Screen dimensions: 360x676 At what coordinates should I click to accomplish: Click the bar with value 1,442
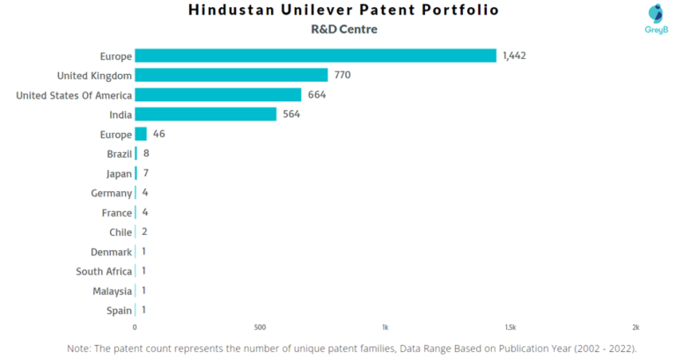315,55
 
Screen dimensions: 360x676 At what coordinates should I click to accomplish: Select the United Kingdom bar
231,75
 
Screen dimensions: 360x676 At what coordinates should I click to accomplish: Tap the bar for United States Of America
217,95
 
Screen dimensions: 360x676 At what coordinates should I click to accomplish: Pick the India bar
205,114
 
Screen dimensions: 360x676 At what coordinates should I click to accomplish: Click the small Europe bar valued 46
141,134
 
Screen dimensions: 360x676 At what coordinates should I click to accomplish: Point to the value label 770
342,75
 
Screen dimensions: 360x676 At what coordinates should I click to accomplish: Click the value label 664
317,95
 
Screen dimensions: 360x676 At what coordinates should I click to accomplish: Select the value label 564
291,114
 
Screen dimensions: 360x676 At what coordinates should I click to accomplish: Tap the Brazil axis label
119,154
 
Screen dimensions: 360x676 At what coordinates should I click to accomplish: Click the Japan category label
119,173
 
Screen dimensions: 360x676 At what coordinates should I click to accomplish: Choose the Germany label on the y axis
112,193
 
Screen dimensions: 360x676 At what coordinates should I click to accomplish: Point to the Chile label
121,232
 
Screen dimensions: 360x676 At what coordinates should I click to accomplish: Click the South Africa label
104,271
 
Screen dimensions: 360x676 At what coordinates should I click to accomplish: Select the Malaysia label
112,290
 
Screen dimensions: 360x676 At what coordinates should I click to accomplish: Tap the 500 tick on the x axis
260,327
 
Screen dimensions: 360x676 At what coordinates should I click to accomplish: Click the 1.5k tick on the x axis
511,327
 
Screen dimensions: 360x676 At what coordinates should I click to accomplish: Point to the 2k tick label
636,327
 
